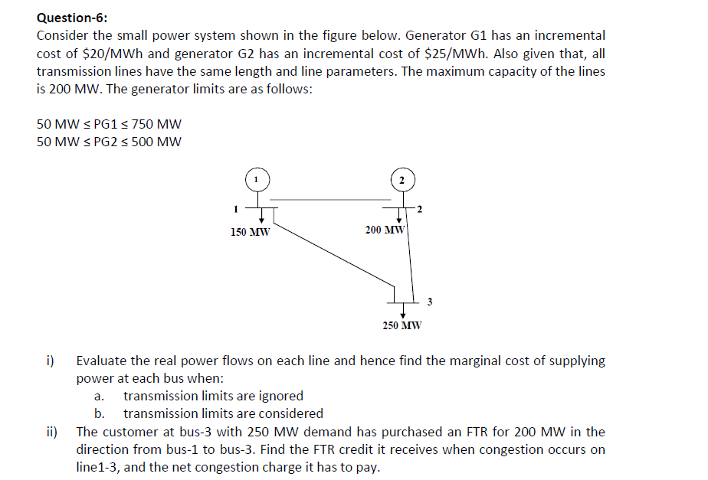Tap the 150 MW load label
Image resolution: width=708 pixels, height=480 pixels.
coord(250,232)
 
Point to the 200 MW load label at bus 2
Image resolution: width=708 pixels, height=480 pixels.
coord(385,230)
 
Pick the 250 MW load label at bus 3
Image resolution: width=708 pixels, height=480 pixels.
coord(402,325)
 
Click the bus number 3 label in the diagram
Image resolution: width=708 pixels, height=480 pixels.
coord(429,302)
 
